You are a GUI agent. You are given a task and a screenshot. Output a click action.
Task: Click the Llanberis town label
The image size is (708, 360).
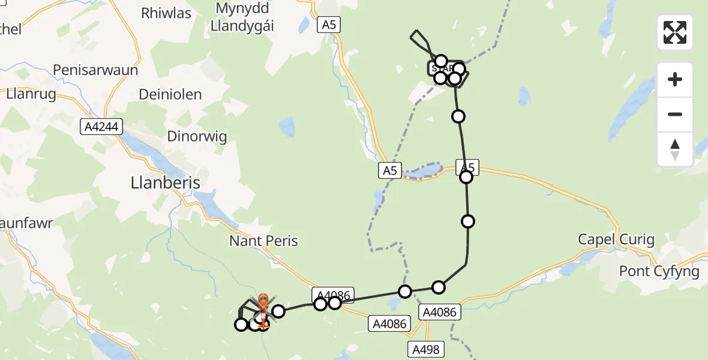click(165, 182)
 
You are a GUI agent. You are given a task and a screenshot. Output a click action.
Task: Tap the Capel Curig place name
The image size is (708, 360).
click(616, 240)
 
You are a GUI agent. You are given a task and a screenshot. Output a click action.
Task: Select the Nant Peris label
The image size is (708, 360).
click(263, 241)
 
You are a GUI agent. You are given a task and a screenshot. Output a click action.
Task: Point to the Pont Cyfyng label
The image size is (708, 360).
click(659, 271)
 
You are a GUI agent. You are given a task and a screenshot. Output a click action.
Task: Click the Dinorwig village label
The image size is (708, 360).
click(197, 137)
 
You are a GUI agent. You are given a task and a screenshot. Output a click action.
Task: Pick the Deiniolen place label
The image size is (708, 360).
click(170, 94)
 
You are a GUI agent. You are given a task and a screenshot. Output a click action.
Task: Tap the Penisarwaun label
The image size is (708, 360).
click(95, 70)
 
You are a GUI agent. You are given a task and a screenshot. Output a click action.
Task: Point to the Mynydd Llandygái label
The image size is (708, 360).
click(246, 18)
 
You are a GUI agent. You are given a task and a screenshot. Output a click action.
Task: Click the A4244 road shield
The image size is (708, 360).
click(103, 127)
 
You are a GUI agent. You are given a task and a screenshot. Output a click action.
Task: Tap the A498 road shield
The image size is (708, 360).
click(425, 349)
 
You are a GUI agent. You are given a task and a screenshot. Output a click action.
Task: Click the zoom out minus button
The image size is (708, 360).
click(675, 114)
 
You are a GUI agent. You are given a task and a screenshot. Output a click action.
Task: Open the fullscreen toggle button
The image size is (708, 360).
click(675, 32)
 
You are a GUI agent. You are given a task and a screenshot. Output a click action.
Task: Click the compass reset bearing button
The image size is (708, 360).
click(675, 149)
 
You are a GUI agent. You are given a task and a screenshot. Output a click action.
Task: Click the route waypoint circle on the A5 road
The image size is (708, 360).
click(466, 176)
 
